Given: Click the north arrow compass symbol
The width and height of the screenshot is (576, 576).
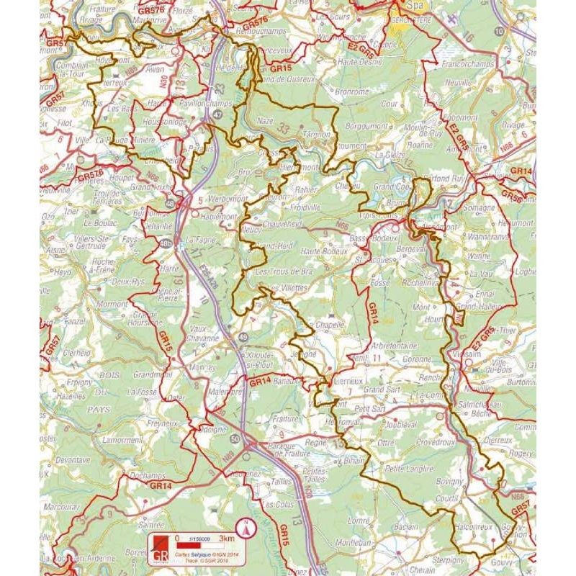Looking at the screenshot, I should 246,528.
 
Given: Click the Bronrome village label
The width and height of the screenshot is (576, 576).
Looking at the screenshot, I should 351,92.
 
